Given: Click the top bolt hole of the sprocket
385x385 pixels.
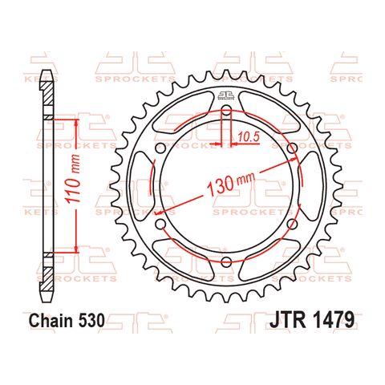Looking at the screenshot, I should point(226,110).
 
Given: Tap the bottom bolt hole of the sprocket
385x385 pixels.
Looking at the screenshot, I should point(226,262).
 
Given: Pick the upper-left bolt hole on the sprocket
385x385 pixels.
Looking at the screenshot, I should point(160,148).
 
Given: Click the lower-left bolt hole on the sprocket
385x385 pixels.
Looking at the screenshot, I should point(160,225).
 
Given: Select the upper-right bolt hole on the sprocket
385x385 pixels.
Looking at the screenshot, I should point(292,148).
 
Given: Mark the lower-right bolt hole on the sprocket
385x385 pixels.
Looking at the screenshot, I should point(292,225).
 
